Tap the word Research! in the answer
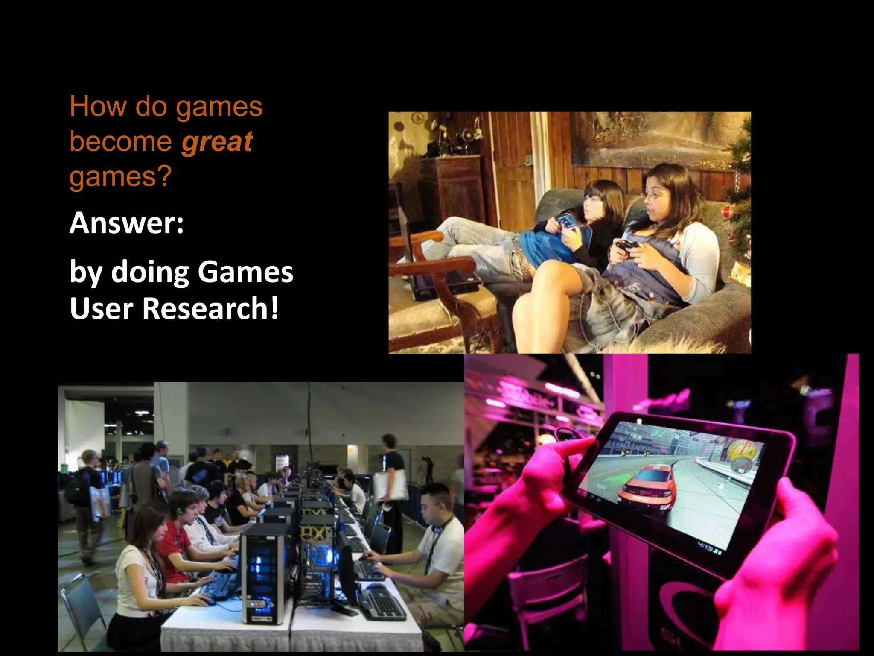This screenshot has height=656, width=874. [x=210, y=308]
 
